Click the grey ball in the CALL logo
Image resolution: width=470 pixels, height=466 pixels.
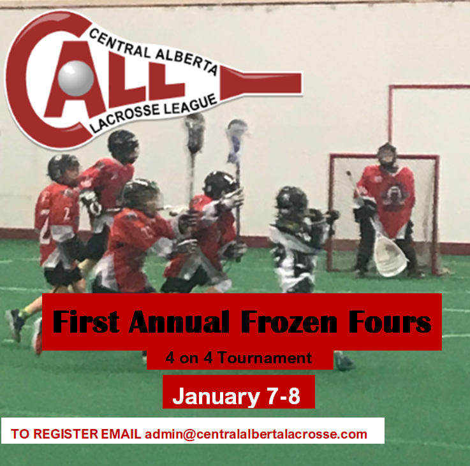pyautogui.click(x=75, y=78)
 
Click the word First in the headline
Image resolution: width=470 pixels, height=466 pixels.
pyautogui.click(x=85, y=323)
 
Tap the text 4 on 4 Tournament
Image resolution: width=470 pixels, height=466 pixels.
pyautogui.click(x=239, y=358)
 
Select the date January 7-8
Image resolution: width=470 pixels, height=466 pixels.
pyautogui.click(x=236, y=396)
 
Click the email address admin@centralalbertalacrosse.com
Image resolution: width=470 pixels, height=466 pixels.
pyautogui.click(x=256, y=434)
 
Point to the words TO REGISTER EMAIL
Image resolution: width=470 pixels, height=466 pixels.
pyautogui.click(x=77, y=434)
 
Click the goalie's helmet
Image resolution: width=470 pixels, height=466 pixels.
pyautogui.click(x=386, y=156)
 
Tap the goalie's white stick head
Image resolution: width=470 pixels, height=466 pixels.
pyautogui.click(x=390, y=255)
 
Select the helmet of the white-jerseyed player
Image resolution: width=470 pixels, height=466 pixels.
pyautogui.click(x=291, y=200)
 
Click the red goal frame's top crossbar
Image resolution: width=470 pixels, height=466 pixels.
pyautogui.click(x=383, y=156)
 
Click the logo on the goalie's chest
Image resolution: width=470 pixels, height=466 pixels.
pyautogui.click(x=395, y=193)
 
